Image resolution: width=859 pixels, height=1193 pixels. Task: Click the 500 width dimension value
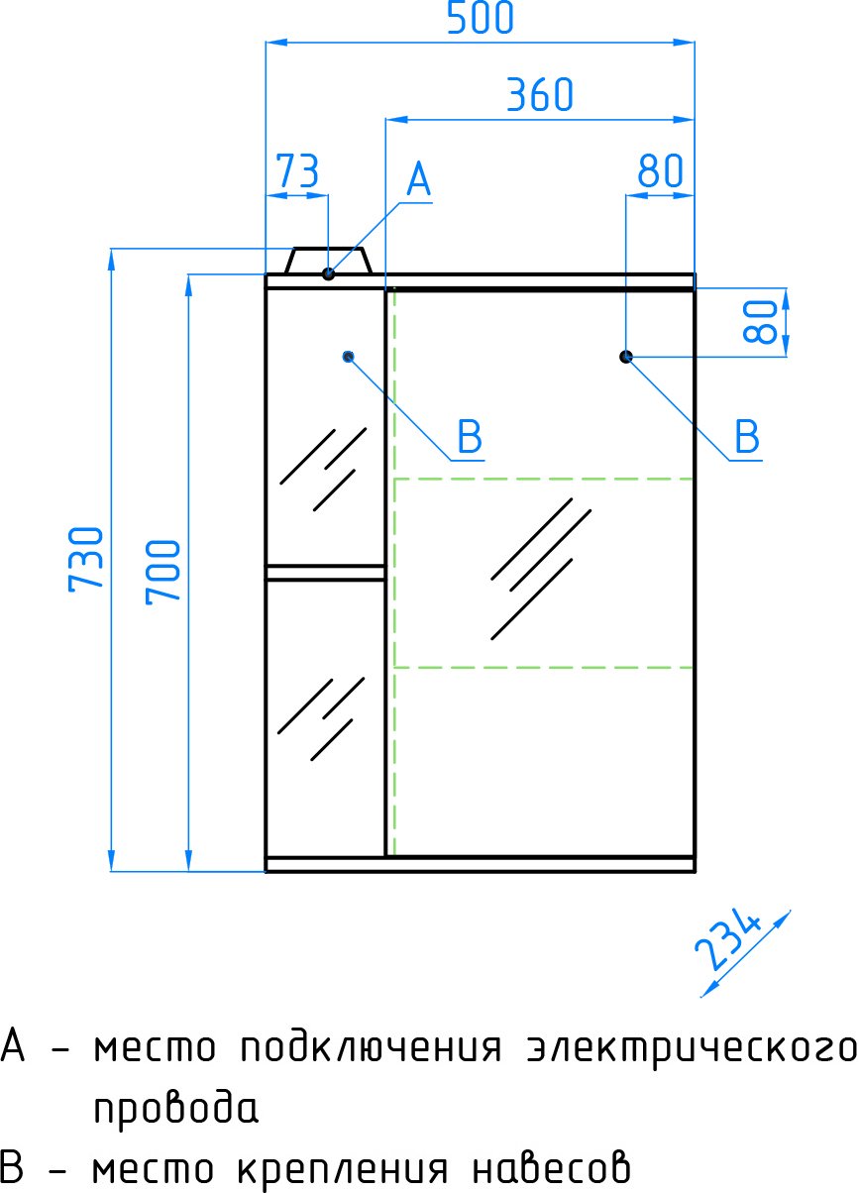(x=480, y=18)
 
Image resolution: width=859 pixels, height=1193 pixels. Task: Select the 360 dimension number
(x=539, y=95)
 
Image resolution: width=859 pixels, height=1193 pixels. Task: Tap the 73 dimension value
(x=297, y=171)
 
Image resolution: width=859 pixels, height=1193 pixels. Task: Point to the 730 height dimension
(x=86, y=559)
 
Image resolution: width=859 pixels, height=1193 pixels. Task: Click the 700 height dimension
(x=162, y=572)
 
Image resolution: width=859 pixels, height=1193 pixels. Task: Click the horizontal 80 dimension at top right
(x=660, y=171)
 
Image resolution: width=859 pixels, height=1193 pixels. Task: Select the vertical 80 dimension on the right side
(x=760, y=321)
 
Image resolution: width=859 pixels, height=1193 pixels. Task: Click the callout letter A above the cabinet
(x=418, y=179)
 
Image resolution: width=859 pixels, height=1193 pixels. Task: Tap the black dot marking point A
(x=328, y=274)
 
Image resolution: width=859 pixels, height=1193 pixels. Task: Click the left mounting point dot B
(x=348, y=357)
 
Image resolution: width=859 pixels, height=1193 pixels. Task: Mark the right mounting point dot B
(x=626, y=357)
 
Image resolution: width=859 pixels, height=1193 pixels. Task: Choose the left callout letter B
(x=470, y=436)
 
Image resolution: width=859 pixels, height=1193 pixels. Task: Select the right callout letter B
(x=747, y=436)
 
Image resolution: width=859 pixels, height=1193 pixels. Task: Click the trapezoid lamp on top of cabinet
(x=328, y=261)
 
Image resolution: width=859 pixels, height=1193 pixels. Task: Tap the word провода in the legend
(x=175, y=1109)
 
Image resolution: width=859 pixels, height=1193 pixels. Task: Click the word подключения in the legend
(x=371, y=1046)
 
